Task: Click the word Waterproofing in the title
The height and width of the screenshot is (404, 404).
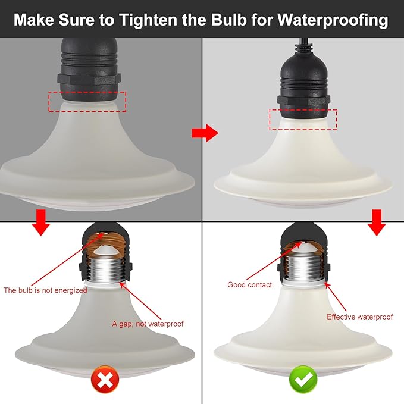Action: click(x=333, y=20)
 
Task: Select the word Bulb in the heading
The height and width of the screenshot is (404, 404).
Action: click(x=229, y=19)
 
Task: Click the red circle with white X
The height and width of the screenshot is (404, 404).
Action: click(x=105, y=379)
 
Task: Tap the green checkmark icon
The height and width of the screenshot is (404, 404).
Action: click(x=303, y=379)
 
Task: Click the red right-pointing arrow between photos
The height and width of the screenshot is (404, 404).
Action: click(x=205, y=133)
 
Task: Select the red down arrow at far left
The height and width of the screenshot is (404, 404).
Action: click(x=41, y=223)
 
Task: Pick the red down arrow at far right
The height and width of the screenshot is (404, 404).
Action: click(x=377, y=223)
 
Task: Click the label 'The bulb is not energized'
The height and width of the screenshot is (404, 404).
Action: click(x=45, y=290)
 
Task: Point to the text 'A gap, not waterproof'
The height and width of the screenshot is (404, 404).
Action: click(x=148, y=324)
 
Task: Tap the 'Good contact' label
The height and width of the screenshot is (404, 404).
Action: click(x=249, y=285)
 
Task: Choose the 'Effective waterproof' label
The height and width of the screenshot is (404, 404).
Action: click(x=360, y=317)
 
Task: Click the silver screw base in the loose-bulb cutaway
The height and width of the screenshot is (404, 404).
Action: click(x=107, y=270)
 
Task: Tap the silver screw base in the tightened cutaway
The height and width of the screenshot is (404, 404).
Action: click(x=303, y=268)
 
